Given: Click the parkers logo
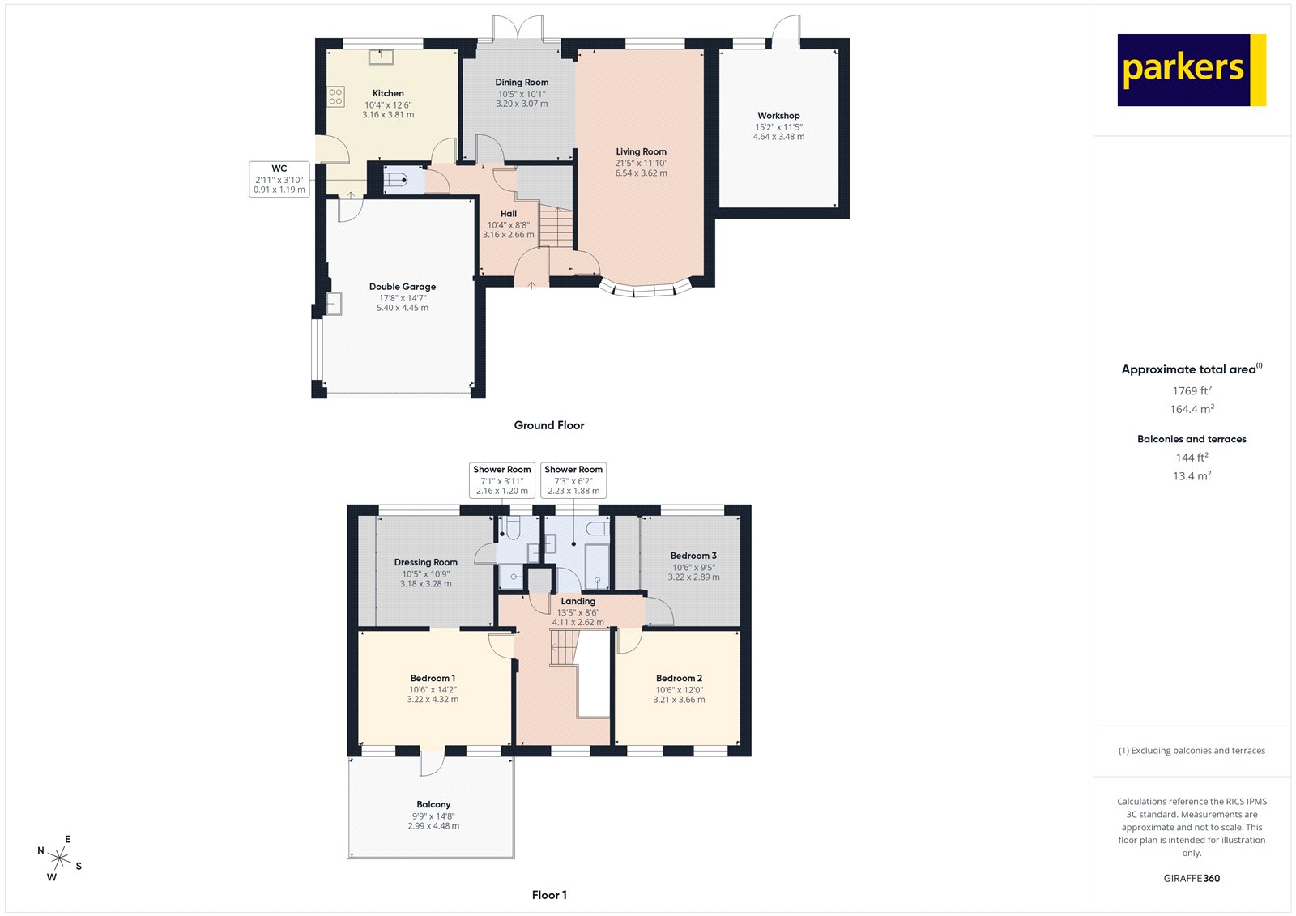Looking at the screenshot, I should tap(1191, 70).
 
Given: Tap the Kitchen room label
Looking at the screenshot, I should tap(388, 93).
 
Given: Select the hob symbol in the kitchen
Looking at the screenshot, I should tap(335, 96).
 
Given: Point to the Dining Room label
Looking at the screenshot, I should tap(522, 83).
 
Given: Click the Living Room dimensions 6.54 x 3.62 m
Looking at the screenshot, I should tap(641, 173).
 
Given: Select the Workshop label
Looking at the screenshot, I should tap(778, 116).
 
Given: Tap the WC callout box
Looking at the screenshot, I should tap(279, 179).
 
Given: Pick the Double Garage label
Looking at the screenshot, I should tap(403, 287).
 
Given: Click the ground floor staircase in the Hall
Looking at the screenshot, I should tap(556, 226).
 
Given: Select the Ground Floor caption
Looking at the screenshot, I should tap(548, 425).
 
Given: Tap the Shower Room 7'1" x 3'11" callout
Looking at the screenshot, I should tap(502, 479).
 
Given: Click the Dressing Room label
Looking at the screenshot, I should tap(425, 562).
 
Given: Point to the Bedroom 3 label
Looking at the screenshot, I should tap(693, 556).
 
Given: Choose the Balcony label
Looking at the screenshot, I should tap(433, 804).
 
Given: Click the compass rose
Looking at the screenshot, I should tap(60, 857).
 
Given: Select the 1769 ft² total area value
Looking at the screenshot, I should tap(1192, 390).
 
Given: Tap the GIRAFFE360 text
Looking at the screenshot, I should tap(1192, 878).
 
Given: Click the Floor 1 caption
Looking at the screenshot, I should tap(549, 895).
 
